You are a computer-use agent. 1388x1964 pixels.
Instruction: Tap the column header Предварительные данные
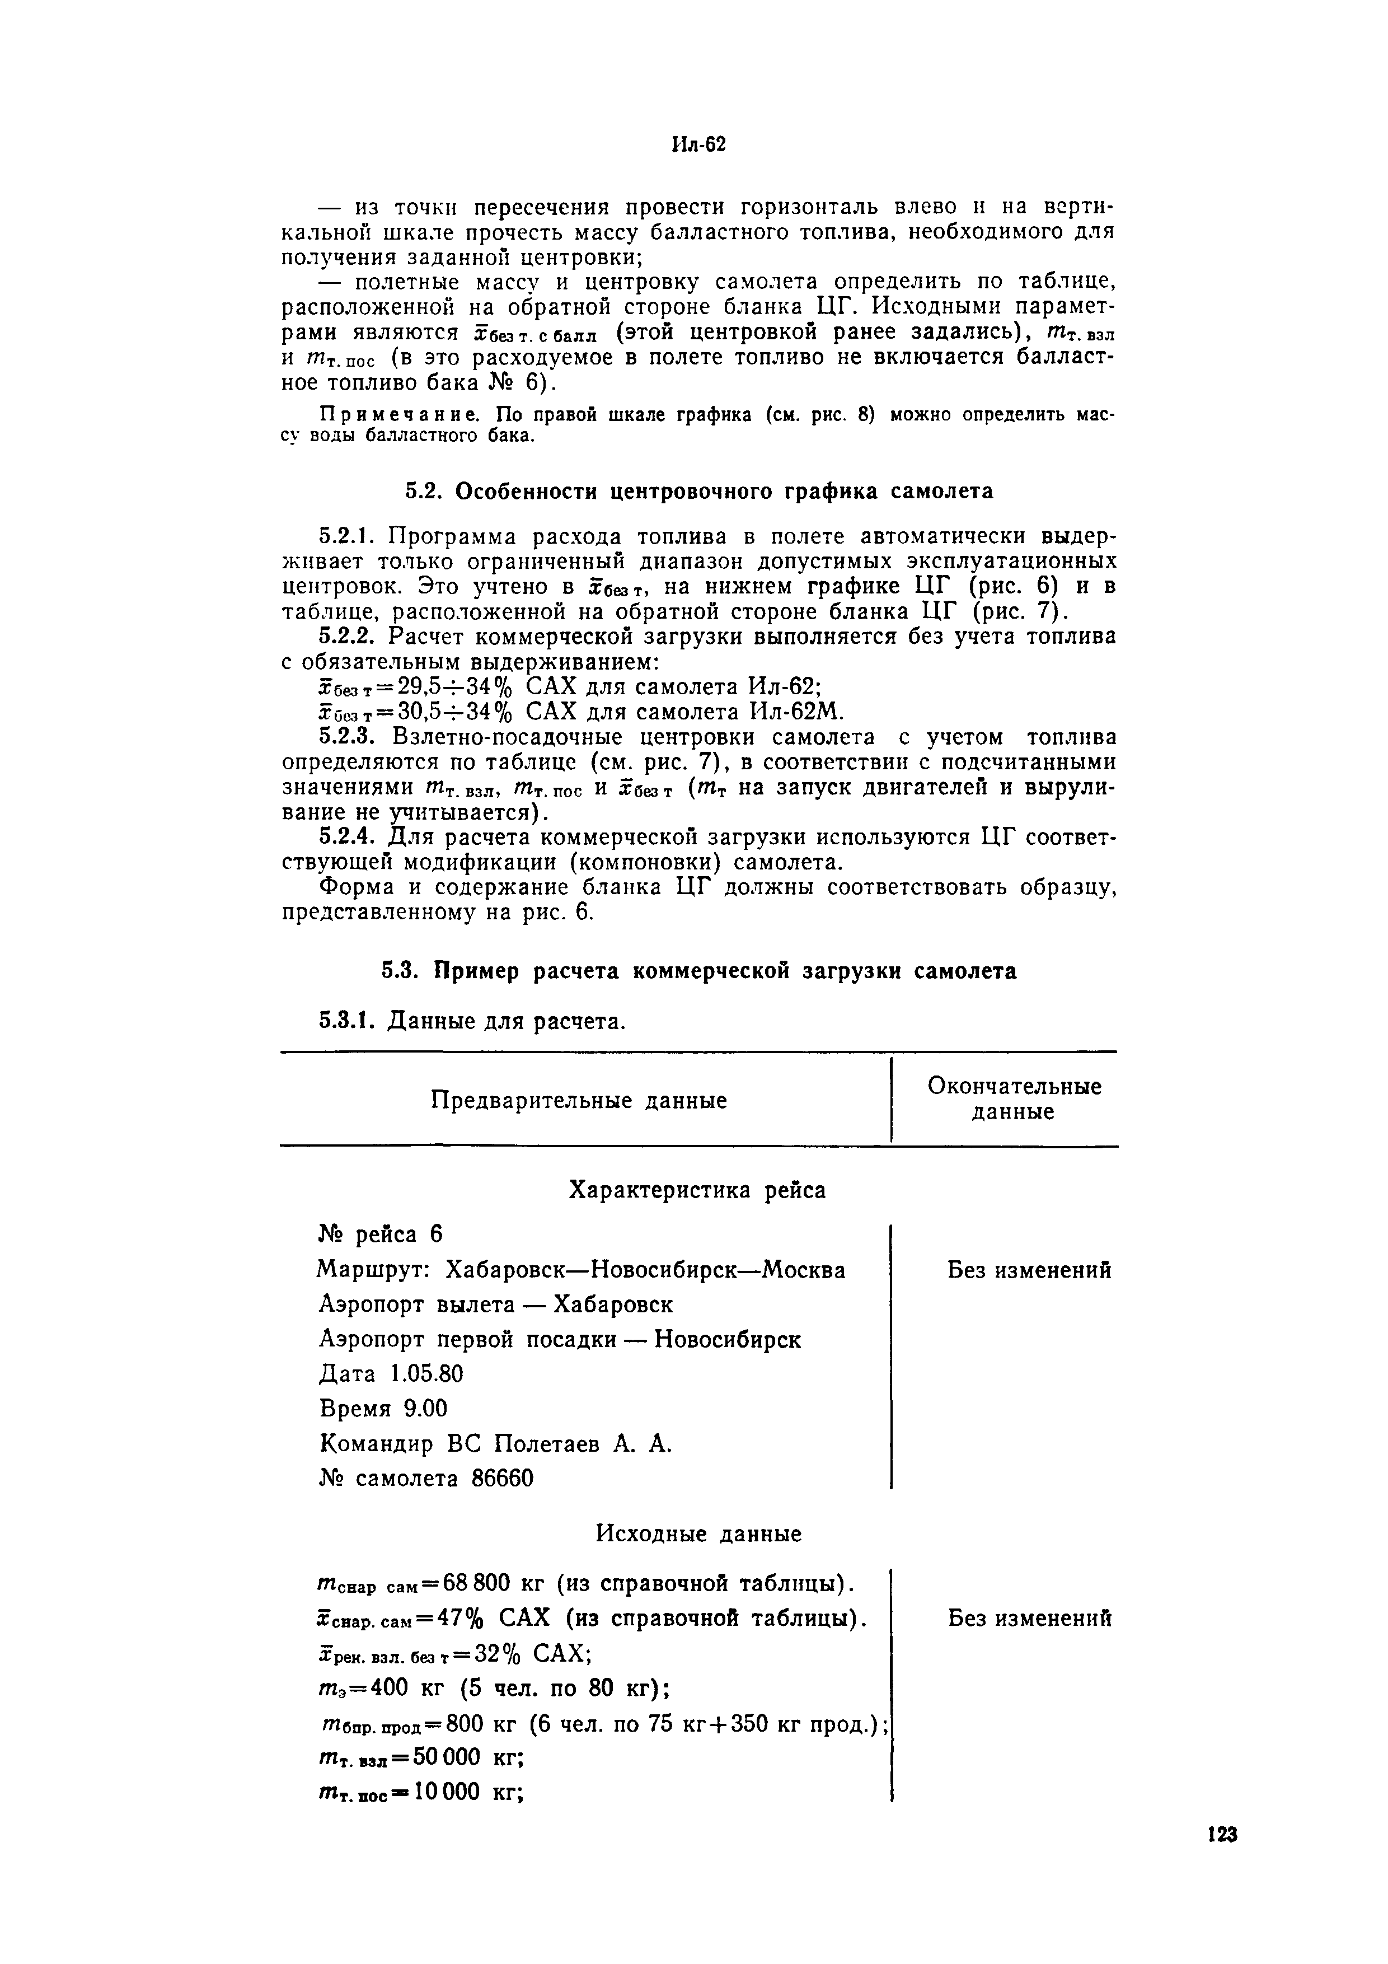[x=578, y=1100]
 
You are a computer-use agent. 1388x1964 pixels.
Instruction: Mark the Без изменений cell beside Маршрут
[x=1029, y=1270]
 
